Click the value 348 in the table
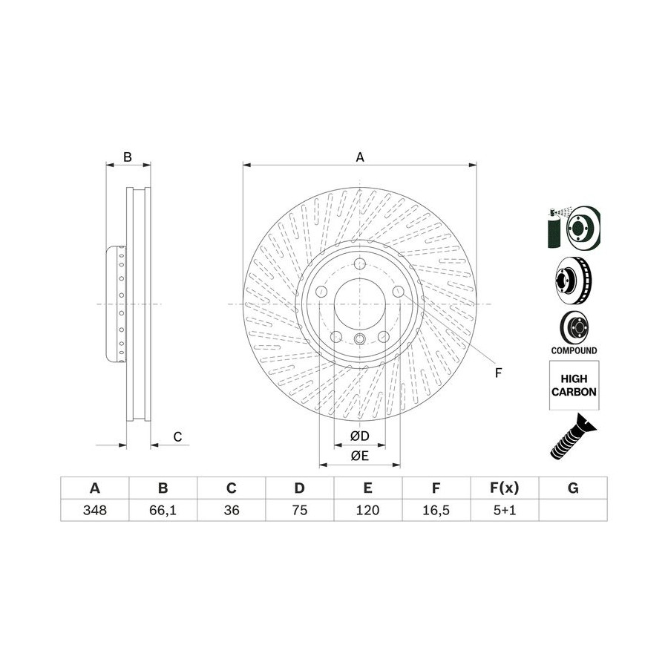(x=94, y=510)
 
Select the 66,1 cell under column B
(x=163, y=510)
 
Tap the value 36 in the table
(x=232, y=510)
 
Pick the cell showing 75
(x=300, y=510)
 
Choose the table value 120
(x=367, y=510)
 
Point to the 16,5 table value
(x=436, y=510)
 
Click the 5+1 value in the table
(x=505, y=510)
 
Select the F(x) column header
(x=505, y=488)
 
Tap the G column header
(x=573, y=488)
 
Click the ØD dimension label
(x=359, y=436)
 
